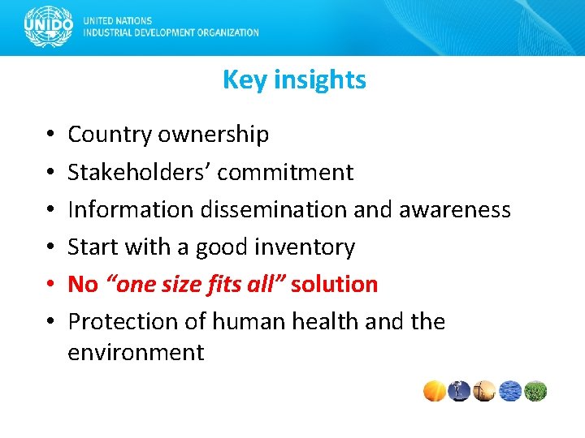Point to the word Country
tap(110, 135)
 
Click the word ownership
tap(213, 135)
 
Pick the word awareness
tap(455, 209)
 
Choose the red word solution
tap(334, 284)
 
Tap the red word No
tap(83, 284)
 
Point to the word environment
tap(136, 352)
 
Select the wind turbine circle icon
tap(485, 391)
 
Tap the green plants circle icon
tap(535, 391)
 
